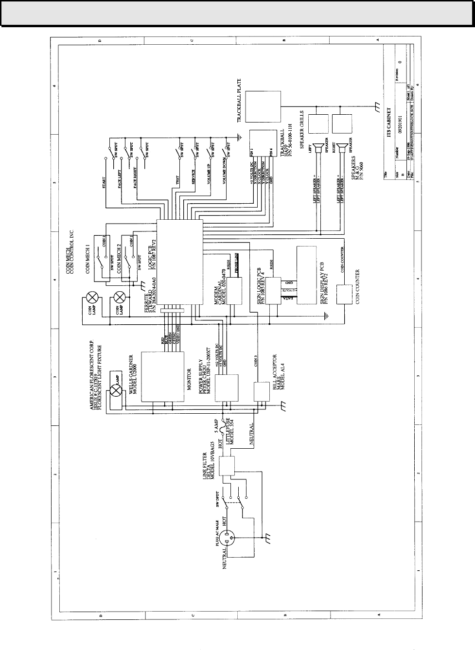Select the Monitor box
pos(162,376)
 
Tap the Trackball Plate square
pos(262,106)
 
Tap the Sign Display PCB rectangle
pos(307,275)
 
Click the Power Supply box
pos(227,387)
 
